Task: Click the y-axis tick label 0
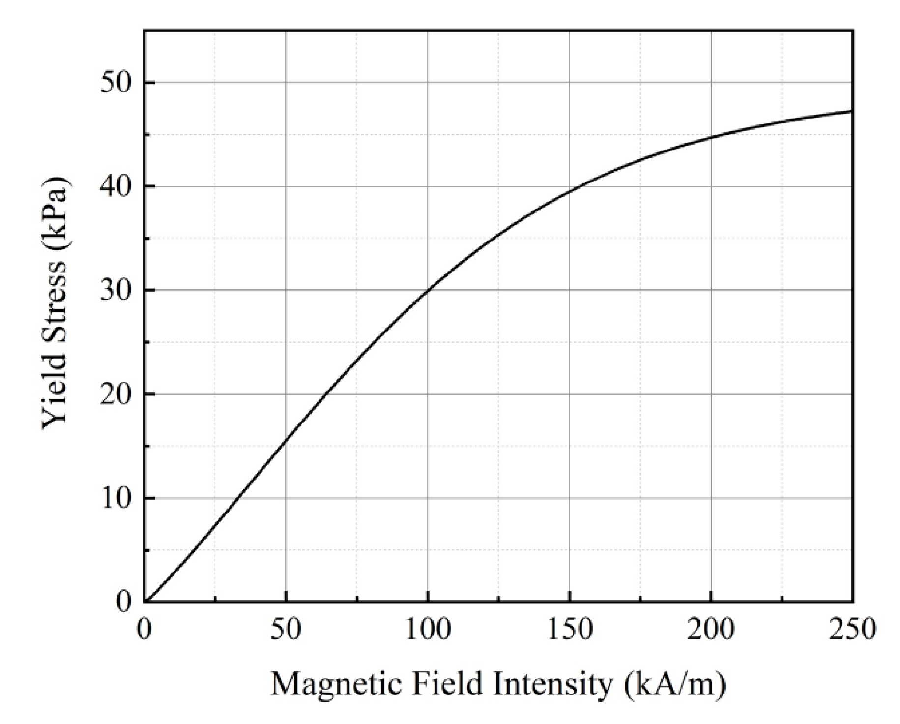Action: click(124, 601)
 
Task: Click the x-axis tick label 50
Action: click(286, 630)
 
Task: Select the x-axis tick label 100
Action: click(427, 630)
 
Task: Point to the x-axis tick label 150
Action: click(569, 630)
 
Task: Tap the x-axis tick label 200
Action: click(711, 630)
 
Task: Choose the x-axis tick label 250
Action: click(852, 630)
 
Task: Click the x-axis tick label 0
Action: click(144, 630)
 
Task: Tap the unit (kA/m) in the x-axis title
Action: click(675, 685)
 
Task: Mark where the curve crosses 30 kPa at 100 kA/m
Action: click(428, 290)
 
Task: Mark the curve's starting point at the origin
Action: click(145, 601)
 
